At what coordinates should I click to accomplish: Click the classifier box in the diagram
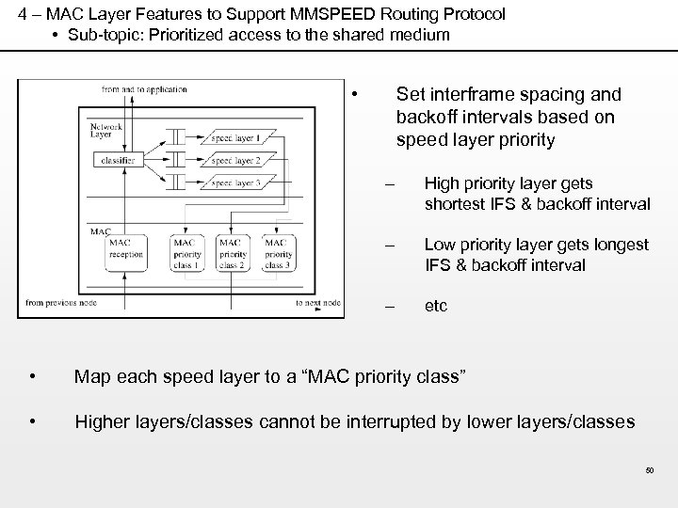pos(116,161)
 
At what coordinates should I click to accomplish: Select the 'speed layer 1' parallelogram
pos(234,138)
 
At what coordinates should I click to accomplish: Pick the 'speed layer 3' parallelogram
pos(234,183)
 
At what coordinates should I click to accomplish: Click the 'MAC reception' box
pos(125,252)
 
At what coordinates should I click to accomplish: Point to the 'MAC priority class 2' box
pos(232,253)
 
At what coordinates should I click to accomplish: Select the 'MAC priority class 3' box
pos(277,253)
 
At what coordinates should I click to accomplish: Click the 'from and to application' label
pos(144,90)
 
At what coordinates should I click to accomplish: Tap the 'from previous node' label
pos(60,303)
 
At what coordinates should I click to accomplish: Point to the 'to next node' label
pos(316,303)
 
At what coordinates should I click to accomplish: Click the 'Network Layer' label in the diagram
pos(106,130)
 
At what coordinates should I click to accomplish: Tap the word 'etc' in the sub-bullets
pos(436,307)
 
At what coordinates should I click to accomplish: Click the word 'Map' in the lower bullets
pos(91,378)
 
